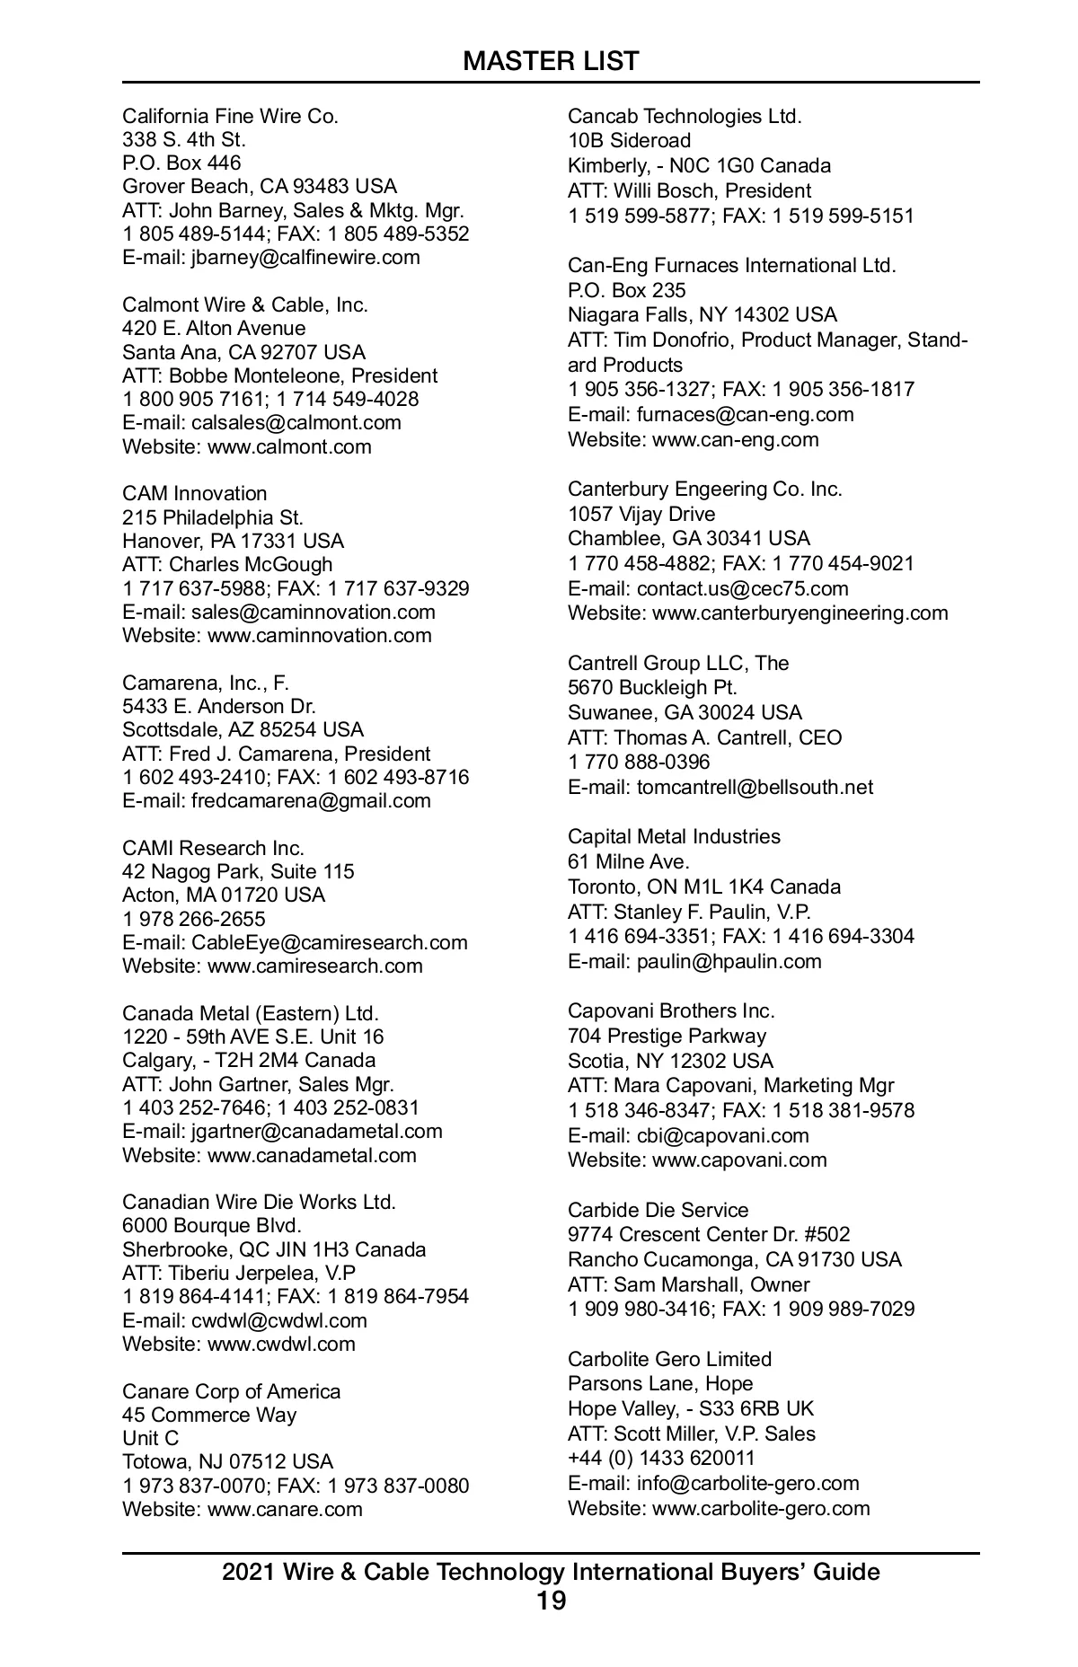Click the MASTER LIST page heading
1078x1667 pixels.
tap(551, 61)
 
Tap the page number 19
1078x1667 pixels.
tap(551, 1601)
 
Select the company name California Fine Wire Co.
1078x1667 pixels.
tap(230, 116)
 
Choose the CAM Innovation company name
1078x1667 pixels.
tap(194, 493)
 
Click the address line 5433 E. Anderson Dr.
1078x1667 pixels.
tap(218, 706)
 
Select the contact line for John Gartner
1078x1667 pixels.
tap(258, 1084)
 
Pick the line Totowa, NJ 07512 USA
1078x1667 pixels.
tap(227, 1461)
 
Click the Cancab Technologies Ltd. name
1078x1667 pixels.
tap(685, 116)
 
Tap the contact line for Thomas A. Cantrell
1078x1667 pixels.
tap(704, 737)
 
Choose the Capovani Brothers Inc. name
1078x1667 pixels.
tap(671, 1010)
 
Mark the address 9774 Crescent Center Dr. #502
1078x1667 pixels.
tap(708, 1234)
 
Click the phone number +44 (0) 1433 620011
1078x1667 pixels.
tap(661, 1458)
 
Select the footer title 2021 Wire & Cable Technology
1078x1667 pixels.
tap(551, 1572)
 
